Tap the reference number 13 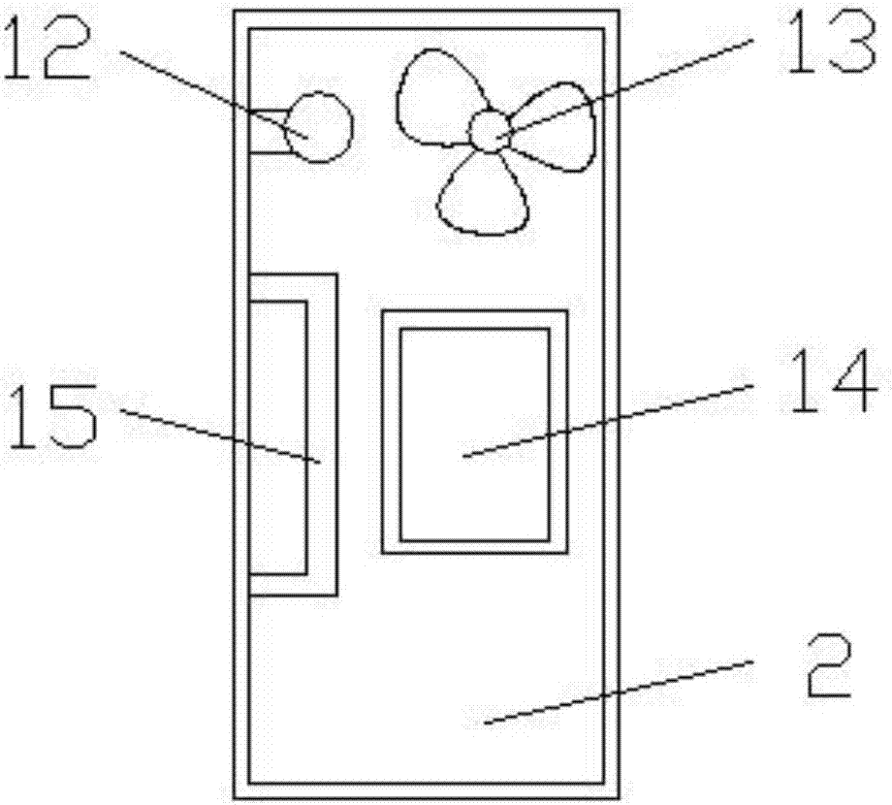831,42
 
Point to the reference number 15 52,416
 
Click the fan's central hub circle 489,131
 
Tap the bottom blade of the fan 483,193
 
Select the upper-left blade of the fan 438,97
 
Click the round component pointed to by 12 318,127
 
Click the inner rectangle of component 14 475,435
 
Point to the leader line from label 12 214,94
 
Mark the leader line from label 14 608,420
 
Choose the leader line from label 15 220,435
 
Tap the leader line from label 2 619,692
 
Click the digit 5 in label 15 75,417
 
